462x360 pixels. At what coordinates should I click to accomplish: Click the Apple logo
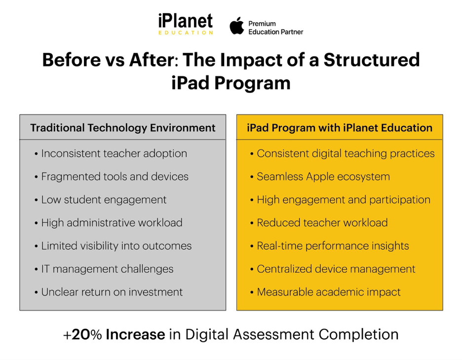point(237,26)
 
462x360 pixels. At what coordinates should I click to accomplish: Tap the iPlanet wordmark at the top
point(185,21)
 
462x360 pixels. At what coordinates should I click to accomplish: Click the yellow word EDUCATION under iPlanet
point(186,33)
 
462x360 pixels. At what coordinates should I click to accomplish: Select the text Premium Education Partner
point(275,28)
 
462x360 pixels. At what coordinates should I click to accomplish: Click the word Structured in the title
point(372,60)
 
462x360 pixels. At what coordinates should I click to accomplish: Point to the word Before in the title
point(72,60)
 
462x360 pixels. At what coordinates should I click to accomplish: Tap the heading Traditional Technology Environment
point(122,128)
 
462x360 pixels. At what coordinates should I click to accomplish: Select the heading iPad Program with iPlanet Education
point(340,128)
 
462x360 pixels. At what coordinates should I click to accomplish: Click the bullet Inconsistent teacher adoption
point(111,153)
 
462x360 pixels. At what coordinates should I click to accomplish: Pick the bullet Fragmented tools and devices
point(112,177)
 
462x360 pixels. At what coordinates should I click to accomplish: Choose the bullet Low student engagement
point(101,200)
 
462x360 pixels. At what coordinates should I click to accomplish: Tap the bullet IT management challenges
point(104,269)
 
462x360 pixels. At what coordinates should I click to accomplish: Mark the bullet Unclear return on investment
point(109,292)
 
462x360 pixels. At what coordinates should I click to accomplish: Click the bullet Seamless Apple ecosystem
point(320,177)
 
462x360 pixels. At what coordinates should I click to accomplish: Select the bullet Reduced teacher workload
point(319,223)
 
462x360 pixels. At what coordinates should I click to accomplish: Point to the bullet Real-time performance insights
point(329,246)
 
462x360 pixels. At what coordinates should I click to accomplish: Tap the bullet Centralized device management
point(333,269)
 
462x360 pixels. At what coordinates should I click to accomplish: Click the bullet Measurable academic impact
point(325,292)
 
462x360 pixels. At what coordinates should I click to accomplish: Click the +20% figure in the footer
point(83,335)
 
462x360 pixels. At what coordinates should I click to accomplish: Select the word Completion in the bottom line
point(358,335)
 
